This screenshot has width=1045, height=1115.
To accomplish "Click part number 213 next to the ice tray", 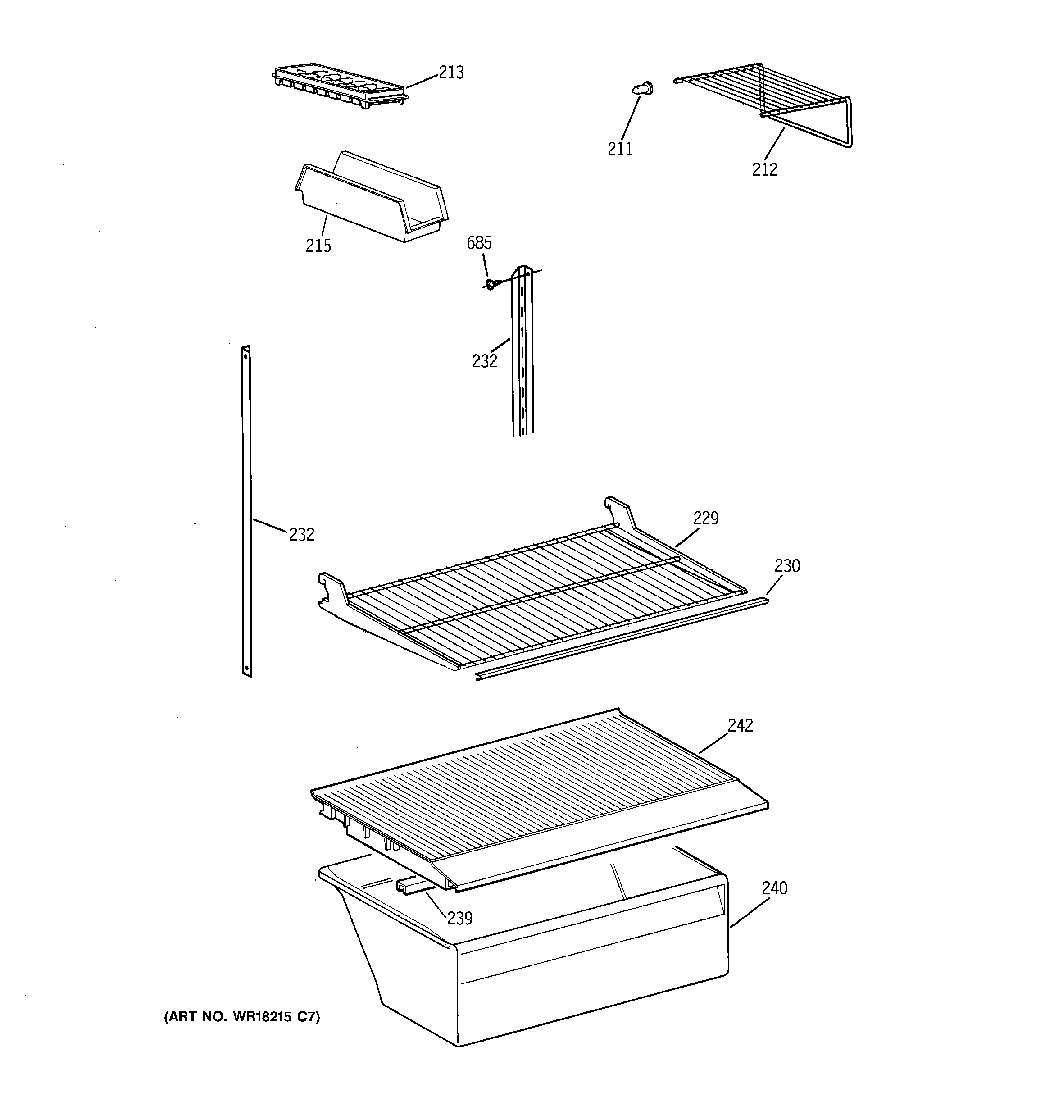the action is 451,73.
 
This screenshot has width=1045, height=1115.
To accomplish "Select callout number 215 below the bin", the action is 318,246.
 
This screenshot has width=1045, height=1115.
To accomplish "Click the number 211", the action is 620,149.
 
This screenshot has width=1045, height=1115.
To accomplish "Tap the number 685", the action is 479,243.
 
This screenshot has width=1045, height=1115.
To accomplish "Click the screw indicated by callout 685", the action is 491,285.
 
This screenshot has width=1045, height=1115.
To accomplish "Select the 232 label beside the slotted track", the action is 484,361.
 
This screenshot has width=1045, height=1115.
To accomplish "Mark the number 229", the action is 706,518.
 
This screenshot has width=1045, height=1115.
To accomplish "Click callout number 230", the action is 787,566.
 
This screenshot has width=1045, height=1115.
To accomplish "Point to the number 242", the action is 740,725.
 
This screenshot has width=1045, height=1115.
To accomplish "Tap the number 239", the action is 459,918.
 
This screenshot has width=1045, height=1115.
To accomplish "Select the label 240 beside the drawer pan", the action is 774,888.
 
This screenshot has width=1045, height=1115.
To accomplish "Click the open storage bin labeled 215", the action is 370,199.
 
